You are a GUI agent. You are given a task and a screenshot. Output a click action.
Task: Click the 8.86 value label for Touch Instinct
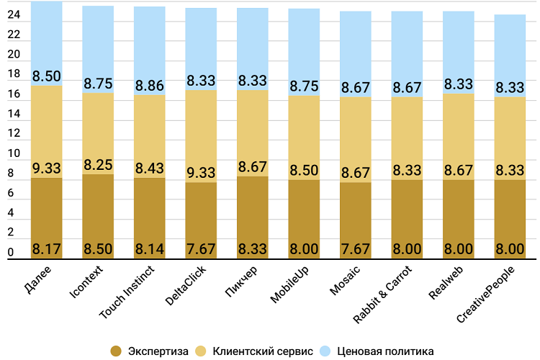(x=150, y=86)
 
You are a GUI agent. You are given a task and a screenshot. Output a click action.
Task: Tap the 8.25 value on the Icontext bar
(x=98, y=165)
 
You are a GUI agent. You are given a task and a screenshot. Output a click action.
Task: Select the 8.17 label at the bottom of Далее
(x=47, y=248)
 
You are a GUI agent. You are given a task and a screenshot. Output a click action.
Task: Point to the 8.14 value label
(x=150, y=248)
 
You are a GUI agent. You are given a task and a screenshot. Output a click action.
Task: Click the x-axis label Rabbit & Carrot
(x=382, y=294)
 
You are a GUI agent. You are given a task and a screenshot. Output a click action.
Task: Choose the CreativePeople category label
(x=486, y=294)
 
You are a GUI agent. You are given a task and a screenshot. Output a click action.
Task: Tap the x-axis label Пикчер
(x=241, y=282)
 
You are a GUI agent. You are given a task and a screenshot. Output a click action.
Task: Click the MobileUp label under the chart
(x=289, y=284)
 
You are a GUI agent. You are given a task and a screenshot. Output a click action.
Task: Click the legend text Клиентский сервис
(x=263, y=351)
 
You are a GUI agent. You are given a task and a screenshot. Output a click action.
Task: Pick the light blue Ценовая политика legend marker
(x=325, y=351)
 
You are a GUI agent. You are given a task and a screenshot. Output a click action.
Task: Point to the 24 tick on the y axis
(x=14, y=14)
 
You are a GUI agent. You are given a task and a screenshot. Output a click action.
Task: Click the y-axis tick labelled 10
(x=14, y=153)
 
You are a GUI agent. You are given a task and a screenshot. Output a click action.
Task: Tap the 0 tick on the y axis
(x=10, y=252)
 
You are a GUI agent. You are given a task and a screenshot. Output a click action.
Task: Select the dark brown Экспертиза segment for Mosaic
(x=356, y=220)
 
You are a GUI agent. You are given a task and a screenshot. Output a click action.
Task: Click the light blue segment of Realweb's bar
(x=459, y=53)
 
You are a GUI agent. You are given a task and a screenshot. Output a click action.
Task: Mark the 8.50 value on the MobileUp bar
(x=304, y=171)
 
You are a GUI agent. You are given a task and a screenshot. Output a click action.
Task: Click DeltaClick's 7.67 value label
(x=201, y=248)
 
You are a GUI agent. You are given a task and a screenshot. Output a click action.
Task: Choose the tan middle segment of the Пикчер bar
(x=253, y=133)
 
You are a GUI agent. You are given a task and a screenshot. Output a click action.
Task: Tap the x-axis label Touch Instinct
(x=127, y=292)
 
